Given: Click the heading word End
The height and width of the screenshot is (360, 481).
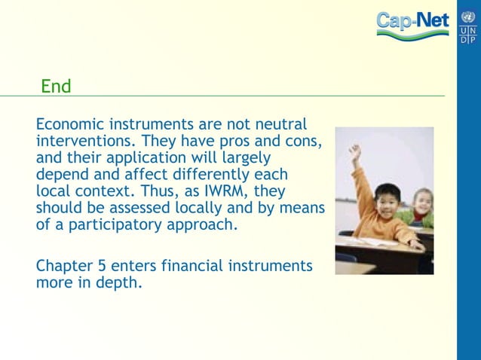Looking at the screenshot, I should point(56,87).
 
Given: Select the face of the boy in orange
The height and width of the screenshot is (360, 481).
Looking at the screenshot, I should point(388,200).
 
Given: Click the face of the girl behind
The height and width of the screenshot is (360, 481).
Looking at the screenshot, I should point(423,201).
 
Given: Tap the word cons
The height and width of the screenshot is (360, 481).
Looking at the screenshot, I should point(305,141).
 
